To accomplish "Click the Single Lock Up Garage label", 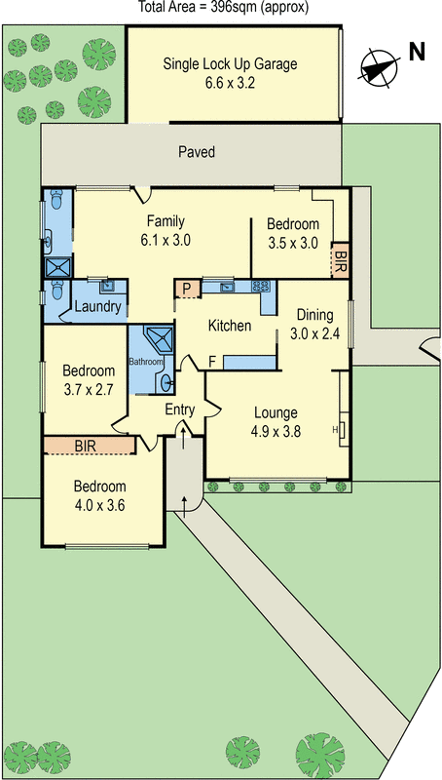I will (230, 74).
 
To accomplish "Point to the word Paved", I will (197, 152).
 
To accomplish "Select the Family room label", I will (166, 230).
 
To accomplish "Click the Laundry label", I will (98, 307).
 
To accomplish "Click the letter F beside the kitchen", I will (211, 362).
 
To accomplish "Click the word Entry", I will (180, 409).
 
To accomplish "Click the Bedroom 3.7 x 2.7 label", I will (89, 379).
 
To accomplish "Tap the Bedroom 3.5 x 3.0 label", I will (293, 234).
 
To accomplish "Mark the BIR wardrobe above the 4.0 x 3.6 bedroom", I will (89, 446).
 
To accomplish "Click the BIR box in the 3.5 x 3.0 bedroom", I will (340, 259).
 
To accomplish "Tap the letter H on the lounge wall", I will (334, 429).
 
